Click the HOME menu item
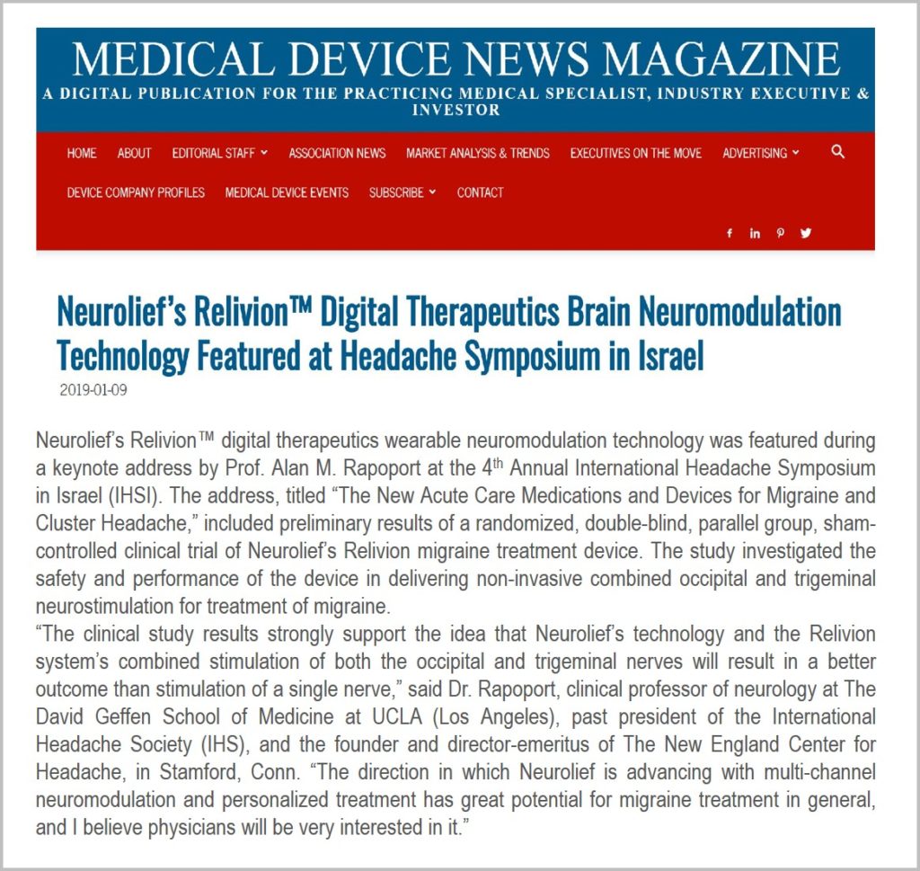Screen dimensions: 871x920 tap(82, 154)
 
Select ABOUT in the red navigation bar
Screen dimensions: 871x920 tap(134, 154)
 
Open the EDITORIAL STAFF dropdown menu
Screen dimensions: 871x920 tap(220, 154)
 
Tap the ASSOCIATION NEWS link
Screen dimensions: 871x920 tap(337, 154)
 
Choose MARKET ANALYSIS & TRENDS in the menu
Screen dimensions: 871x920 tap(477, 154)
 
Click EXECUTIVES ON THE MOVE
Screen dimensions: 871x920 tap(636, 154)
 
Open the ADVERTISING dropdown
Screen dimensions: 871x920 tap(760, 154)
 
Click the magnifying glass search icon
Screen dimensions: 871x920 tap(838, 152)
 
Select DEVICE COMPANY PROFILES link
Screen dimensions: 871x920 tap(136, 192)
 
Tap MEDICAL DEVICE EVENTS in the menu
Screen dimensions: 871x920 tap(287, 192)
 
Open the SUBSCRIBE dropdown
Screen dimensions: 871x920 tap(402, 192)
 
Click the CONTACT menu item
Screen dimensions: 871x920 tap(480, 192)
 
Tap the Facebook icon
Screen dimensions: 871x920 tap(730, 234)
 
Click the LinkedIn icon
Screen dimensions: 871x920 tap(755, 234)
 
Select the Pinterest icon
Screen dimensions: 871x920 tap(780, 234)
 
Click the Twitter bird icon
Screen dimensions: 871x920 tap(806, 234)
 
